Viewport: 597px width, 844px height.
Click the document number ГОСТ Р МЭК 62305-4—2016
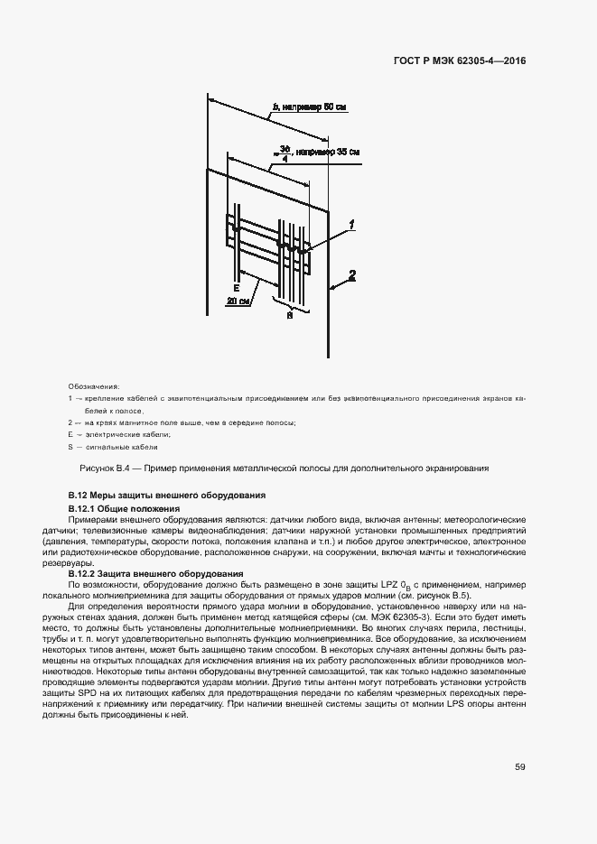[x=460, y=61]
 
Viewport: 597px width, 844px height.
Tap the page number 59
[x=520, y=767]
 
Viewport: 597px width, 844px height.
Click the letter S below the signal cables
[x=289, y=316]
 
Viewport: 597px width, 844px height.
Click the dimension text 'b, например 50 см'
[x=308, y=107]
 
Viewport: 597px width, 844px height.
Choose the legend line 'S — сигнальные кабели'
[x=113, y=447]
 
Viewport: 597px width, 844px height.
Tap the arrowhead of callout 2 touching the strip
[x=334, y=288]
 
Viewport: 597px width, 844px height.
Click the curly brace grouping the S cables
[x=290, y=307]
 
